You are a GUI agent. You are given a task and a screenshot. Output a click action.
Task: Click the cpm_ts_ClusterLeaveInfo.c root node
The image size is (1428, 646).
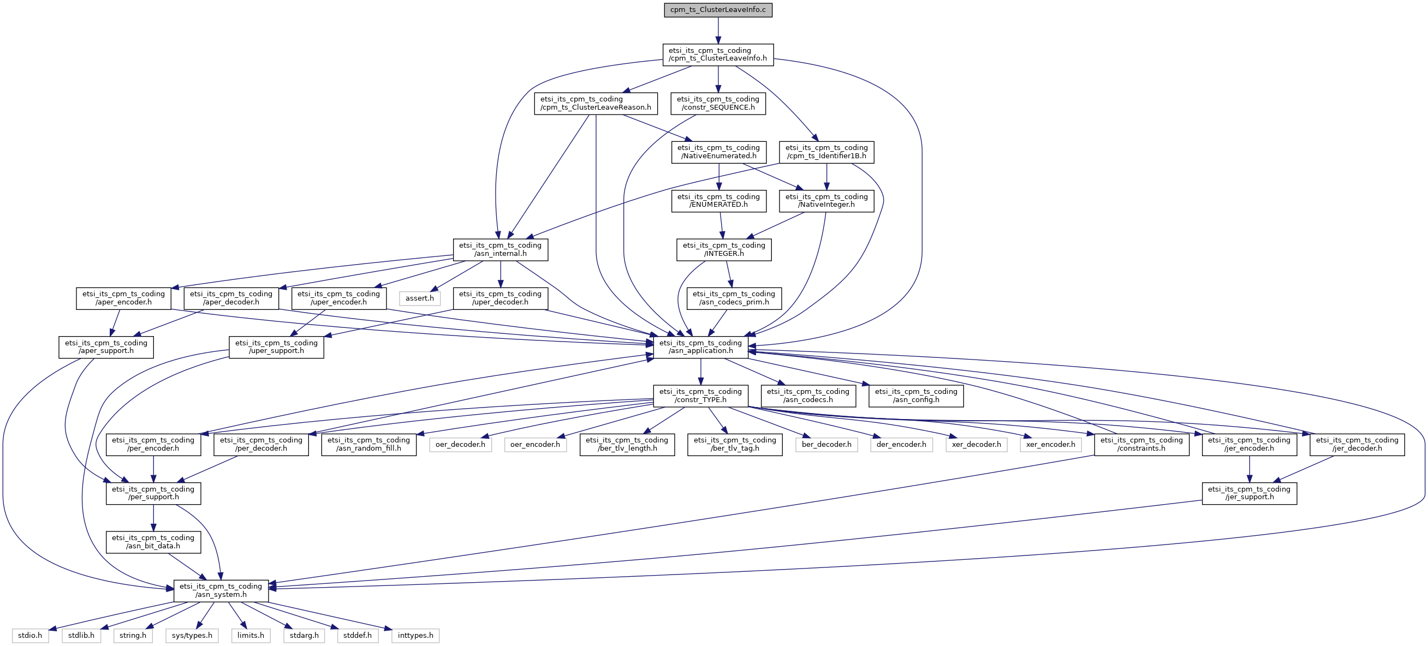pos(718,10)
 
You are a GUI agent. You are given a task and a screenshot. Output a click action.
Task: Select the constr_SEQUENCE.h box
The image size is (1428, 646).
pos(718,103)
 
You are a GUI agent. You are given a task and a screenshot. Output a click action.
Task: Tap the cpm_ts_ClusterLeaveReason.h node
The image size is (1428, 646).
pos(596,103)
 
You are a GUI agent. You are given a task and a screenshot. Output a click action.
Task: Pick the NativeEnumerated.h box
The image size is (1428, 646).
pos(718,152)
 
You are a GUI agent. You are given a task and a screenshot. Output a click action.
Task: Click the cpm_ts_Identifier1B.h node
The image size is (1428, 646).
pos(826,152)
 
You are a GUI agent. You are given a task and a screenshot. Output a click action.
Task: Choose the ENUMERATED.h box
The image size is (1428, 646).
pos(718,201)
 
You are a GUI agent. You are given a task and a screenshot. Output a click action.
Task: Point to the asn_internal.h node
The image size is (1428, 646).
pos(500,249)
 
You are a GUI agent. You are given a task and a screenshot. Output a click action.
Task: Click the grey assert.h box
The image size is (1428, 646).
pos(420,298)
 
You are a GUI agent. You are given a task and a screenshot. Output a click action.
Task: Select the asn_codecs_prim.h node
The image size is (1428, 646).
pos(734,298)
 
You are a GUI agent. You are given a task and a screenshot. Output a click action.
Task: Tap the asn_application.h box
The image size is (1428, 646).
pos(701,347)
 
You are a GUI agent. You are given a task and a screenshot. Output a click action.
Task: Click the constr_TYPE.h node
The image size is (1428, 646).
pos(701,396)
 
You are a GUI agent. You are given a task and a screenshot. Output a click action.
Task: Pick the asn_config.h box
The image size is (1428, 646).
pos(916,396)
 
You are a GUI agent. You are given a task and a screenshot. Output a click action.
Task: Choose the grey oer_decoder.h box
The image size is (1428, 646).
pos(460,444)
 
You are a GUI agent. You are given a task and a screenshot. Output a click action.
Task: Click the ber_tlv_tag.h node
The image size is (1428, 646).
pos(735,444)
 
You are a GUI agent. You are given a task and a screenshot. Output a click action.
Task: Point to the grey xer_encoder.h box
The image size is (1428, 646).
pos(1050,444)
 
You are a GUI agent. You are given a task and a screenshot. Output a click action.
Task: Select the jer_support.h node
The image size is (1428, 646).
pos(1249,493)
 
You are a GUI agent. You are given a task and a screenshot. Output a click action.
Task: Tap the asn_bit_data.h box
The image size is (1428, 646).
pos(153,542)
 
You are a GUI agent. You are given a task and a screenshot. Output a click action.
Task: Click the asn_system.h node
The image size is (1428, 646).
pos(221,590)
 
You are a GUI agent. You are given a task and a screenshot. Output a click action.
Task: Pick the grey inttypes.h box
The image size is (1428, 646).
pos(415,636)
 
